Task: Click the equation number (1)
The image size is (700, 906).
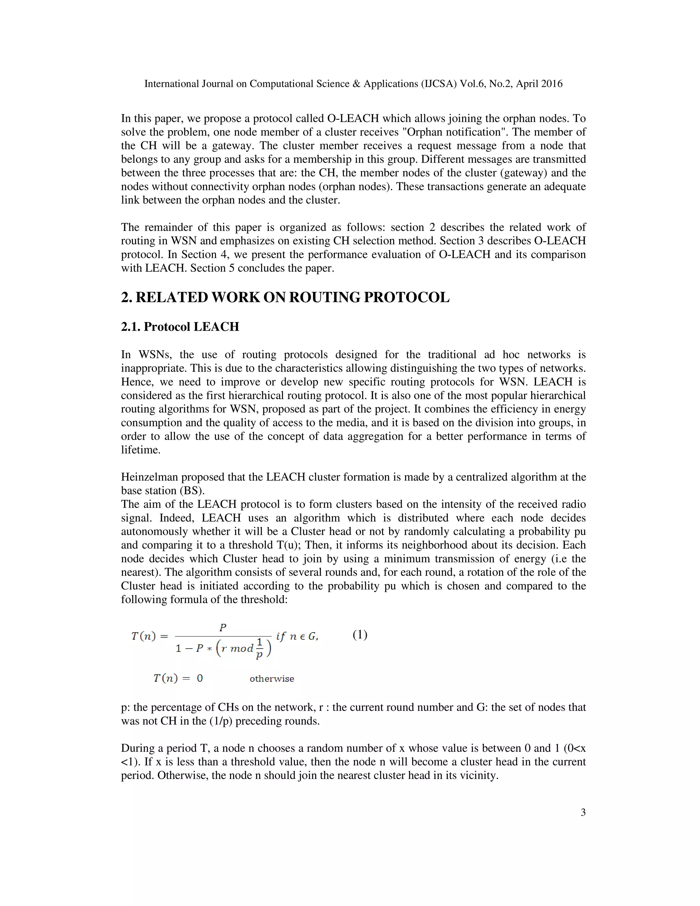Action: [x=360, y=635]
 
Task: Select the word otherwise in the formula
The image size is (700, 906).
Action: [x=272, y=679]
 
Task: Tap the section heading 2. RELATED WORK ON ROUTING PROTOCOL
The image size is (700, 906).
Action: [x=285, y=297]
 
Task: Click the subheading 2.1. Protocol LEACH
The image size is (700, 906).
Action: [x=180, y=327]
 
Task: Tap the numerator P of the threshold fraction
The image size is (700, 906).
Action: [x=223, y=628]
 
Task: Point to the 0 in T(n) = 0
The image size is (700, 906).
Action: [x=200, y=679]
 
